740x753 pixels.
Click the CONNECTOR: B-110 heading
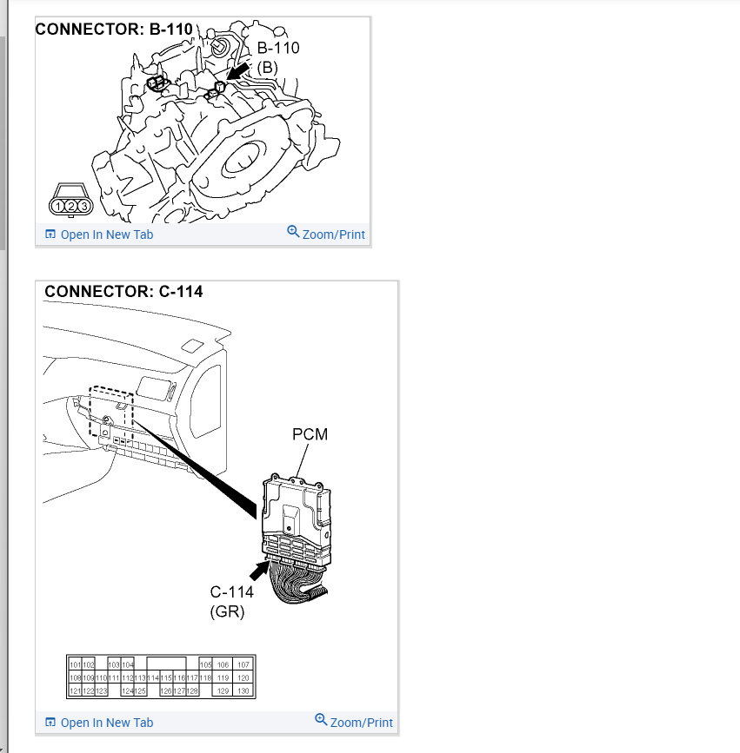tap(114, 30)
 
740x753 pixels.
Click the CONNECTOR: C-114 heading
tap(123, 292)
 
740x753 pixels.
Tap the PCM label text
tap(310, 434)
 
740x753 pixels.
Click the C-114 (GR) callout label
tap(231, 601)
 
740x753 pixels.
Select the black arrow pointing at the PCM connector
tap(259, 570)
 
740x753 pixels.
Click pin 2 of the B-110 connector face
tap(71, 206)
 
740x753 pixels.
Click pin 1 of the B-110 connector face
tap(59, 206)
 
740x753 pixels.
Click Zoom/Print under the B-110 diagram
tap(326, 234)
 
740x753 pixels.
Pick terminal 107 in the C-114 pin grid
tap(243, 664)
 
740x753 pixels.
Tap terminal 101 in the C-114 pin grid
tap(74, 664)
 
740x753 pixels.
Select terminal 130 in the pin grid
tap(243, 690)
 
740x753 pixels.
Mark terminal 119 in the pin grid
tap(223, 677)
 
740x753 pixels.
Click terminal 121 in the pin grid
tap(74, 690)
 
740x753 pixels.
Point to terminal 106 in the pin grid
tap(223, 664)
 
